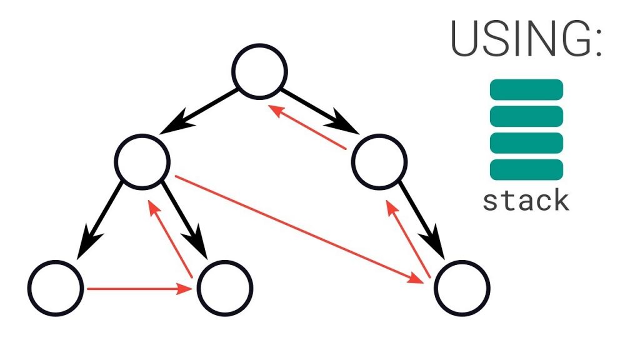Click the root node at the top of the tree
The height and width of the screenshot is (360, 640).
tap(260, 71)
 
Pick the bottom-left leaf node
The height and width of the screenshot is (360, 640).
tap(56, 288)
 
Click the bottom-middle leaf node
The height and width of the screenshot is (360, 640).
tap(225, 288)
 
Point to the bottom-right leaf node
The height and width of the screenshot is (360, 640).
tap(462, 288)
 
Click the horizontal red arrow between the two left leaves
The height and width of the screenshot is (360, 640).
tap(139, 289)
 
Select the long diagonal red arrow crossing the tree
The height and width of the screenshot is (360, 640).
tap(300, 229)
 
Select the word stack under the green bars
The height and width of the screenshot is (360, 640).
tap(526, 201)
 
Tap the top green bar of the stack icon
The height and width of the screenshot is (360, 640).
tap(526, 89)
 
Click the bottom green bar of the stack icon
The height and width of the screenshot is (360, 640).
tap(526, 169)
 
